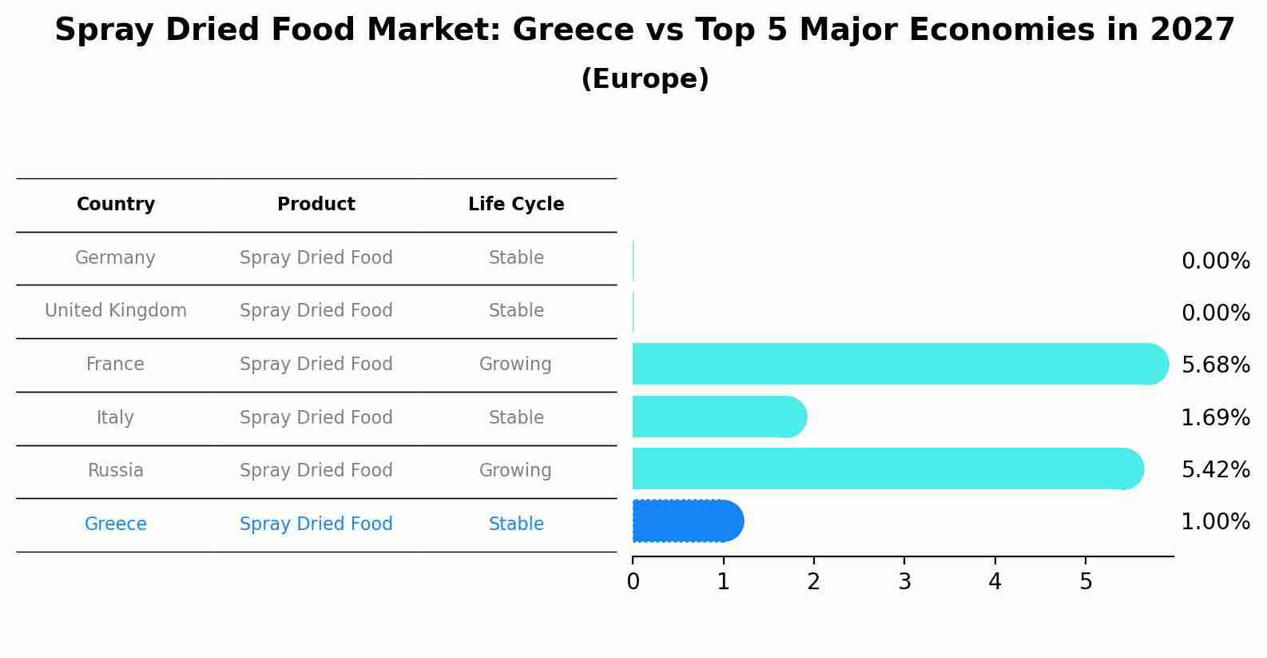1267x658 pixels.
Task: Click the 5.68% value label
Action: point(1215,365)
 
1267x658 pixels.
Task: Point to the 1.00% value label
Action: point(1215,522)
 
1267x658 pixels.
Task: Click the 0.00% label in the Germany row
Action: point(1215,261)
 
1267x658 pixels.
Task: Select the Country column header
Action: point(116,205)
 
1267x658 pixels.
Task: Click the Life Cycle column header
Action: point(516,205)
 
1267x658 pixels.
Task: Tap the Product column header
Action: point(316,205)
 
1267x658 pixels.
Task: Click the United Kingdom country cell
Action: point(116,311)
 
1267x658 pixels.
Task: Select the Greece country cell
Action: point(116,524)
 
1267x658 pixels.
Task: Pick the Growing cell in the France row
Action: point(515,365)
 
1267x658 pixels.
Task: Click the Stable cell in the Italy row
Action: point(516,418)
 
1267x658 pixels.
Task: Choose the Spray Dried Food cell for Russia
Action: point(316,471)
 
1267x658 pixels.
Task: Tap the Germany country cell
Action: point(116,258)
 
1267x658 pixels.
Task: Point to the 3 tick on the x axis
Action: point(904,582)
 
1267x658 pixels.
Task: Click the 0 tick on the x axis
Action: point(633,582)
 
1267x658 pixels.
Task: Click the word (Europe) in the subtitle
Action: point(645,79)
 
